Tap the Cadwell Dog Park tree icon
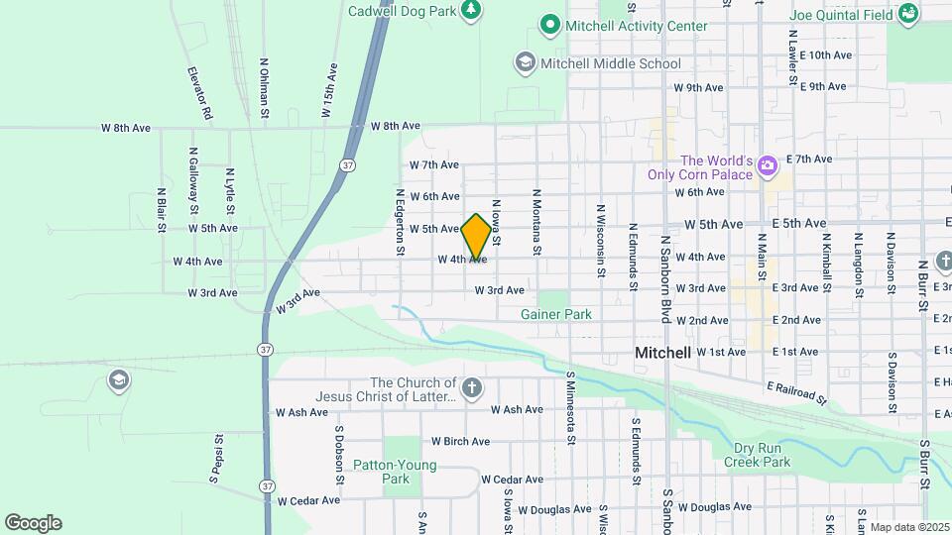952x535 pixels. pyautogui.click(x=473, y=11)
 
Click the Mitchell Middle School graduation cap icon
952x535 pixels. pyautogui.click(x=524, y=63)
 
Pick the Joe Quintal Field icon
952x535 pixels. pyautogui.click(x=907, y=14)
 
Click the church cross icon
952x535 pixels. pyautogui.click(x=472, y=388)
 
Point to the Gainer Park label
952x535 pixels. pyautogui.click(x=556, y=314)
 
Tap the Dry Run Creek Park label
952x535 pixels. pyautogui.click(x=757, y=455)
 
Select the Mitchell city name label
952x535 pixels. pyautogui.click(x=662, y=353)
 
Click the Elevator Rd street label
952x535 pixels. pyautogui.click(x=202, y=94)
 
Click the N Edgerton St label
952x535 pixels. pyautogui.click(x=400, y=222)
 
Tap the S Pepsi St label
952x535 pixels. pyautogui.click(x=214, y=465)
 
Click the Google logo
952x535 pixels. pyautogui.click(x=33, y=523)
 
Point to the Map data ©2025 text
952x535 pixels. pyautogui.click(x=908, y=527)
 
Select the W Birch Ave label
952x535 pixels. pyautogui.click(x=460, y=441)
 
